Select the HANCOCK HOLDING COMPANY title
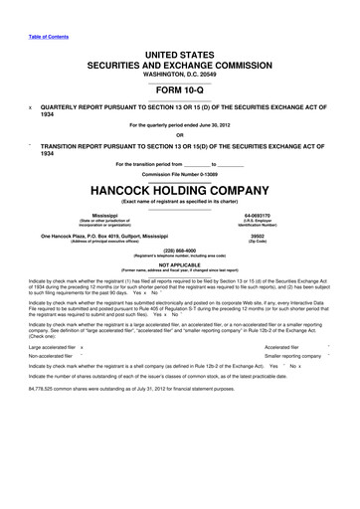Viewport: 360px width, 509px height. click(179, 187)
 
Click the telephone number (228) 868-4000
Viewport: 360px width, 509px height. click(179, 251)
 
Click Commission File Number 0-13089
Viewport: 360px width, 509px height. click(179, 172)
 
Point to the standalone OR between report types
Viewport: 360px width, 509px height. click(179, 135)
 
